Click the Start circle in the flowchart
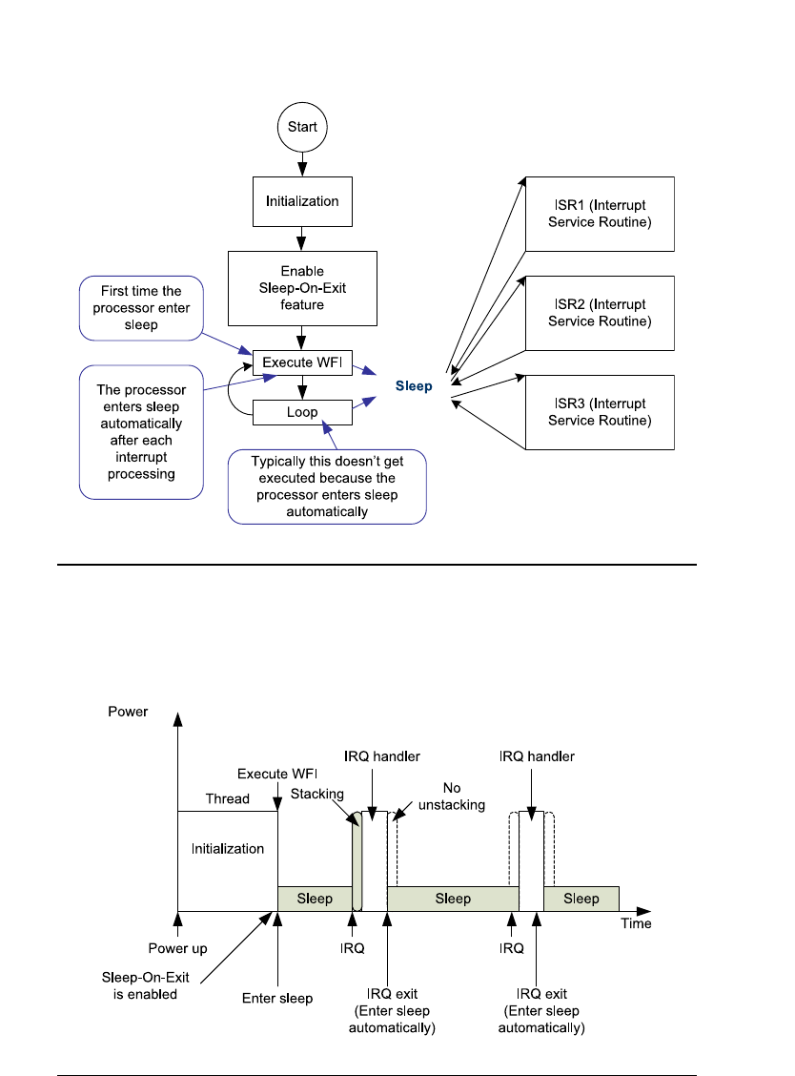tap(302, 127)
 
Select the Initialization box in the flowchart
tap(301, 201)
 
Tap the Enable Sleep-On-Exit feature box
tap(301, 287)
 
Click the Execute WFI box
tap(301, 362)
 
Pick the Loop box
tap(301, 413)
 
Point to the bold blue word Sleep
tap(415, 386)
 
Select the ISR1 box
tap(600, 214)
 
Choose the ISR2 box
tap(600, 313)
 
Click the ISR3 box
tap(600, 412)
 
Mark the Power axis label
tap(129, 712)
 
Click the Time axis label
tap(636, 923)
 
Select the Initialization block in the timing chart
tap(227, 848)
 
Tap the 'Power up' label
tap(177, 949)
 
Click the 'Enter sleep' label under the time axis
tap(276, 998)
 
